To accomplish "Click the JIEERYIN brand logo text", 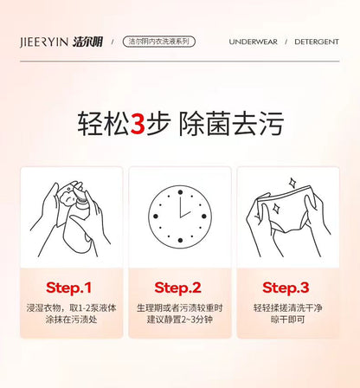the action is (44, 42).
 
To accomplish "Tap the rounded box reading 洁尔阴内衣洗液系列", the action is (159, 42).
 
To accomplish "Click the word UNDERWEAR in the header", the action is (253, 42).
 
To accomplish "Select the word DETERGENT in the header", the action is (317, 42).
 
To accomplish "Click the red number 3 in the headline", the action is (138, 124).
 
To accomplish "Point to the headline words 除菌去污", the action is (231, 124).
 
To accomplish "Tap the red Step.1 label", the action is (68, 288).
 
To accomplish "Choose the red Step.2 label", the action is (177, 288).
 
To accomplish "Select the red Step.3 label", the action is (286, 288).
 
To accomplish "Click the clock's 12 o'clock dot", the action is (180, 192).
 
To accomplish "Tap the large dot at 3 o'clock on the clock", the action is (204, 217).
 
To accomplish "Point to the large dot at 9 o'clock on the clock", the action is (156, 217).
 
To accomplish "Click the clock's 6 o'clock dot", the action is (180, 240).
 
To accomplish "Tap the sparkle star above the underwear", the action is (292, 183).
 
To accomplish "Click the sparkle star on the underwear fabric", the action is (276, 208).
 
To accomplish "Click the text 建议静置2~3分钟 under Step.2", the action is (180, 320).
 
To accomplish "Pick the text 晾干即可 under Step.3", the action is (287, 320).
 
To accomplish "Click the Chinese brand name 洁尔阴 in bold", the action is (87, 42).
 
